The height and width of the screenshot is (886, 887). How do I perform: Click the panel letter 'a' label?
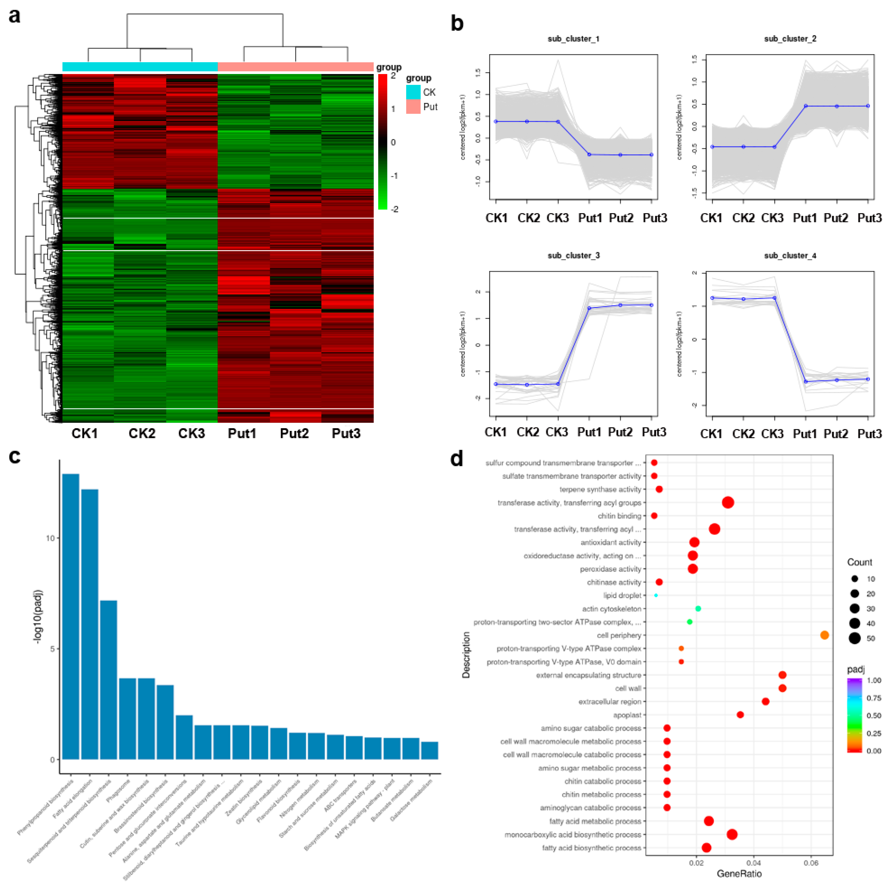click(15, 16)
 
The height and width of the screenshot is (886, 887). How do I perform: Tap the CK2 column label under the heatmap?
click(142, 433)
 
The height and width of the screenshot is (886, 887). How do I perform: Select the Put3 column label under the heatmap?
click(346, 433)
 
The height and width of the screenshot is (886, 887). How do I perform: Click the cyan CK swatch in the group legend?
click(413, 92)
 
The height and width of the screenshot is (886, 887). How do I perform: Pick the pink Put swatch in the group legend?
click(413, 107)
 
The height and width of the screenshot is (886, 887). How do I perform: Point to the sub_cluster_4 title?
click(790, 255)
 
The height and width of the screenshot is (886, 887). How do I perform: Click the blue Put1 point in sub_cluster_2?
click(806, 106)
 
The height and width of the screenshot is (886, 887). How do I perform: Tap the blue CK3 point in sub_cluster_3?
click(558, 384)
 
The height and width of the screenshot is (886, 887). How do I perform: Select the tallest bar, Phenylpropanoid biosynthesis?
click(71, 615)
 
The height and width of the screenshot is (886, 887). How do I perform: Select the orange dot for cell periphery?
click(824, 635)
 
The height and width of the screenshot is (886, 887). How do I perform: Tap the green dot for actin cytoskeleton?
click(698, 609)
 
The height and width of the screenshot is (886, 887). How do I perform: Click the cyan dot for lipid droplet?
click(656, 595)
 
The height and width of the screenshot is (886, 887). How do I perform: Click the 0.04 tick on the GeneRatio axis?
click(753, 863)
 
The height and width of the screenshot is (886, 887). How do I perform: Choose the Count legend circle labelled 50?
click(854, 638)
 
